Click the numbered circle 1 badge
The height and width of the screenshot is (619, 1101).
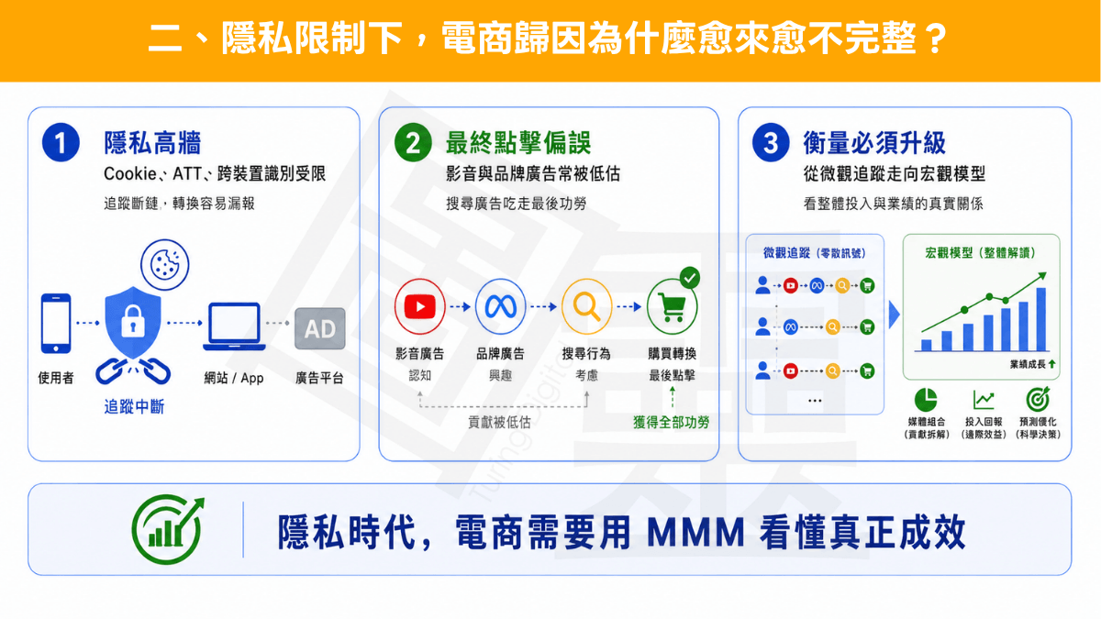61,142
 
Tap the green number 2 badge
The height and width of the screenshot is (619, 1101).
413,142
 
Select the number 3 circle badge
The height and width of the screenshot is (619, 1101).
771,142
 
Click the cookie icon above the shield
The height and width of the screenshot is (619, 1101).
164,264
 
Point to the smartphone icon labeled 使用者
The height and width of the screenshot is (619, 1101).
56,323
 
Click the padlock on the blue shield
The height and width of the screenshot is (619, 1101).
133,321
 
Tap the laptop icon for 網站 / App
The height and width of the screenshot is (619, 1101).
234,326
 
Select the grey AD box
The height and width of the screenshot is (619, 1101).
319,328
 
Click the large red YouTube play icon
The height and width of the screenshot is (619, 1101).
420,306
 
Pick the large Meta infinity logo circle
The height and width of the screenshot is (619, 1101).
500,306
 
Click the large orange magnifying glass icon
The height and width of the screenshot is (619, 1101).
586,306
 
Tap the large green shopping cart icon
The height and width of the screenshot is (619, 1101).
672,307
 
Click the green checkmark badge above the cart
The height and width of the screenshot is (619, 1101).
690,278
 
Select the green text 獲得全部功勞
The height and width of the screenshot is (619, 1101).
671,422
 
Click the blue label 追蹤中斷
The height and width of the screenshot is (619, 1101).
134,407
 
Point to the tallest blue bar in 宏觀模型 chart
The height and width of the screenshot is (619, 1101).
1040,319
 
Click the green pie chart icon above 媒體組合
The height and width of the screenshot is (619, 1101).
926,400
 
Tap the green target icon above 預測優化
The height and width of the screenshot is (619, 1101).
1038,399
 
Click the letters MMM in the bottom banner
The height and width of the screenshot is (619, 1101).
695,533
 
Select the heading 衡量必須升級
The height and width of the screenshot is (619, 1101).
873,143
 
